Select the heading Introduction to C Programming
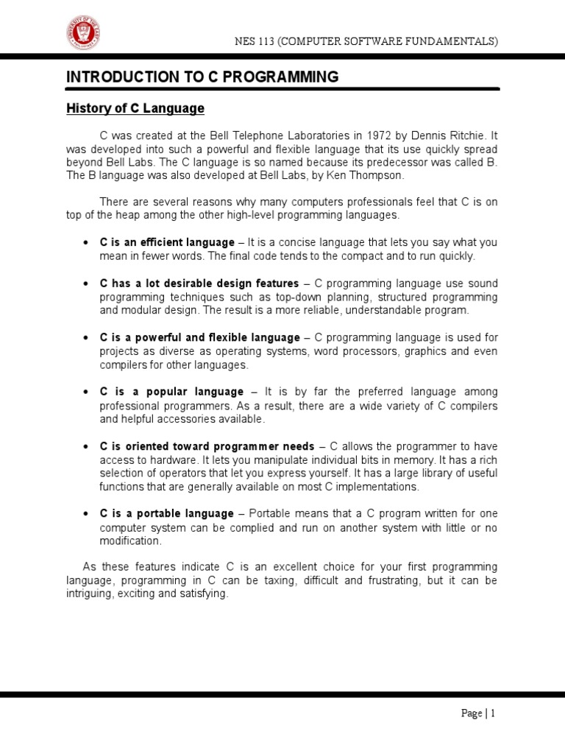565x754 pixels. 202,77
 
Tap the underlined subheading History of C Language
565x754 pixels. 135,109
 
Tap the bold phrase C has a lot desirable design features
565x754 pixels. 199,283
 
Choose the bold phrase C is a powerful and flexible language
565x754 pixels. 200,338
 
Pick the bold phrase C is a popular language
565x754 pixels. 171,392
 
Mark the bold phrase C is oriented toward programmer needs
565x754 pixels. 207,446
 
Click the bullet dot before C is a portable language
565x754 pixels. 86,513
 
